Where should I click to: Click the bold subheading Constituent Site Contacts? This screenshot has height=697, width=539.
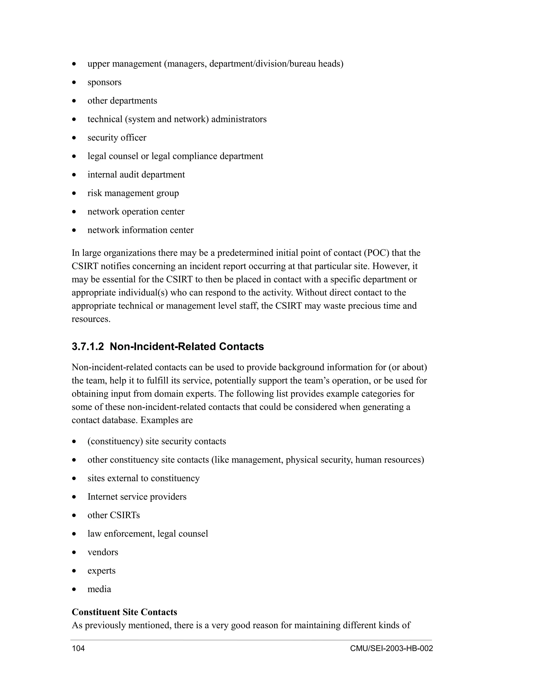coord(124,612)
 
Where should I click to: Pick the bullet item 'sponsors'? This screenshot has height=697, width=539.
coord(104,82)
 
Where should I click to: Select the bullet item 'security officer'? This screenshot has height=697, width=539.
coord(117,138)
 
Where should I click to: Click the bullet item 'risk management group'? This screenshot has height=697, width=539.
coord(133,193)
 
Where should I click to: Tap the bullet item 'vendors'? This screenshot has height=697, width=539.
coord(103,552)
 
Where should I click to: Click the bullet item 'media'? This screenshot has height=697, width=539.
coord(99,589)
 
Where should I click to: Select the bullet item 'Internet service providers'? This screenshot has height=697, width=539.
coord(137,497)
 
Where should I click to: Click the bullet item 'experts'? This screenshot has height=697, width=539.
coord(102,571)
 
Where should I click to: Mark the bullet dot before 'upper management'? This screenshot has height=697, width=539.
coord(74,64)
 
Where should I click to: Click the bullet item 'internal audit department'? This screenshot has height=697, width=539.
coord(136,175)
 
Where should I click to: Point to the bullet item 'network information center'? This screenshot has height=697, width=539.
coord(141,230)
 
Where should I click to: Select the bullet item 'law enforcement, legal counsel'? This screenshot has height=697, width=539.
coord(148,534)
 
